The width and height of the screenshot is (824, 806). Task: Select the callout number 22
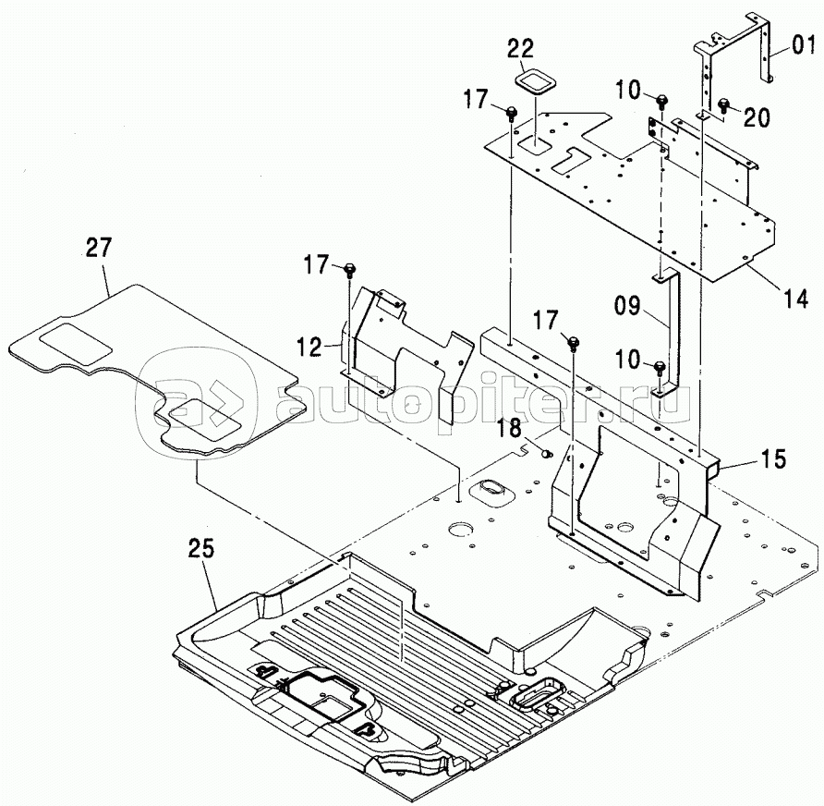point(520,48)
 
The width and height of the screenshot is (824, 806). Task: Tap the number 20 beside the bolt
point(757,117)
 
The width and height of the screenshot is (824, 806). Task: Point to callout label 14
point(795,299)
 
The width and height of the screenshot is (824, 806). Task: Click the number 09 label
point(626,305)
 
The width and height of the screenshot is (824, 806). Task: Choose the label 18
point(509,427)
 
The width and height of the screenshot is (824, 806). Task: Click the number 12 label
point(309,347)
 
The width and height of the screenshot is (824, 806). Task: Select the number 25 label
point(201,549)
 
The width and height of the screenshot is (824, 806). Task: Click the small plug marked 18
point(547,452)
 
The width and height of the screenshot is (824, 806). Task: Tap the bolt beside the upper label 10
point(662,100)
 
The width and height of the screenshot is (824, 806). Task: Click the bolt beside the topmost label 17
point(512,113)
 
